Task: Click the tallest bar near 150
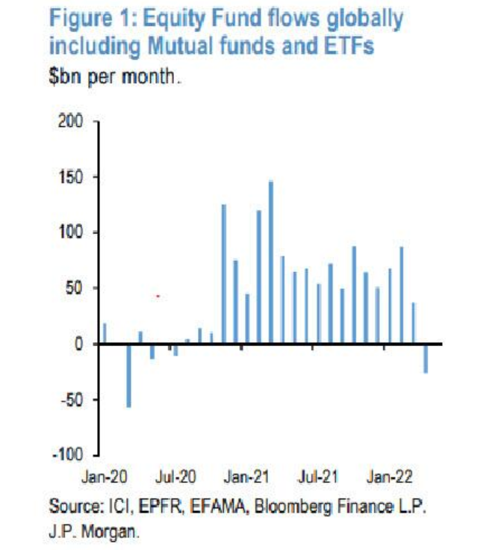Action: (271, 262)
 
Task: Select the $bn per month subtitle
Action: (116, 75)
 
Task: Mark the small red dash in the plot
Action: (158, 297)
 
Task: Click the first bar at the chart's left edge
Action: (105, 333)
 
